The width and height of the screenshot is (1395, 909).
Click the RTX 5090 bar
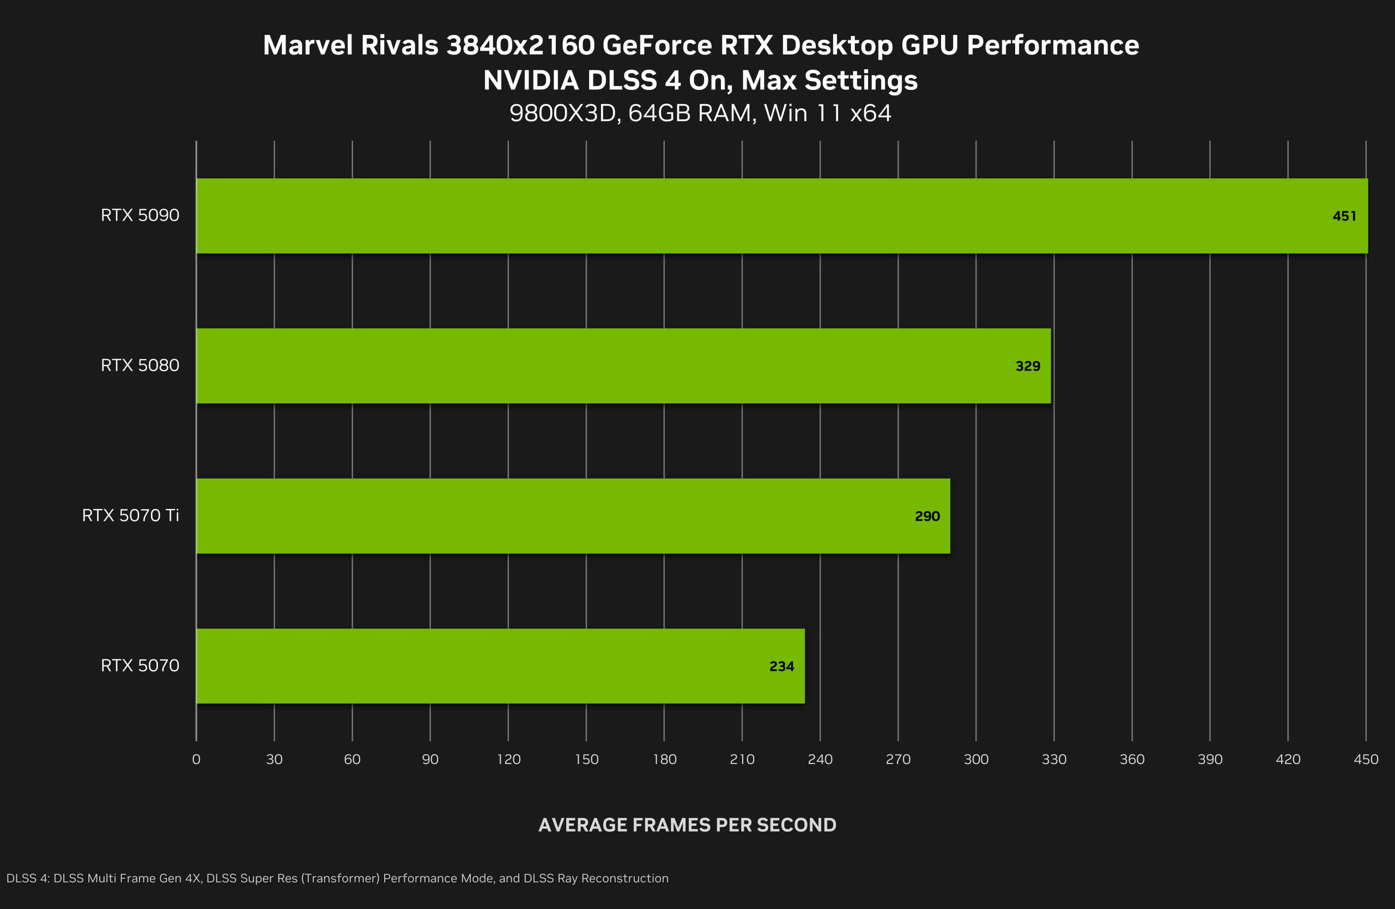click(782, 216)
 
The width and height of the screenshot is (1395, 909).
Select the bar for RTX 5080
click(623, 366)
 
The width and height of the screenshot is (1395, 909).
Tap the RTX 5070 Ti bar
click(573, 516)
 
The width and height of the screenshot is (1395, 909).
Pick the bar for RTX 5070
click(501, 666)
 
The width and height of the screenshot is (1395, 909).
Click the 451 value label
click(1344, 216)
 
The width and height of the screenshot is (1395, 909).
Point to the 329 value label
click(1028, 366)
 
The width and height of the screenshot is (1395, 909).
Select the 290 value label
click(927, 516)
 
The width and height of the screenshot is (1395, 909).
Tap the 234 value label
click(781, 666)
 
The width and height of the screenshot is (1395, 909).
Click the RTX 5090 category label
click(140, 215)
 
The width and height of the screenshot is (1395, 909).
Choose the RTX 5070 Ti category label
click(130, 515)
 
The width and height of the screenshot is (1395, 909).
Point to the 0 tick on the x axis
click(196, 760)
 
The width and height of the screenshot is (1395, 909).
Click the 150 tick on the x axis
click(586, 760)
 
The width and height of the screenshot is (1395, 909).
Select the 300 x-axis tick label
click(976, 760)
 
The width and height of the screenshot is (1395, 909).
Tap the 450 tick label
click(1366, 760)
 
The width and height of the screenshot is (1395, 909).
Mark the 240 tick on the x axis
click(820, 760)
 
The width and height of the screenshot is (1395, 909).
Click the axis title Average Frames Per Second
click(687, 825)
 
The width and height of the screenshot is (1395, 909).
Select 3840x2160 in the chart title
click(520, 46)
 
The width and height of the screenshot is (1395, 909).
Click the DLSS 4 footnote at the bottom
click(337, 878)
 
